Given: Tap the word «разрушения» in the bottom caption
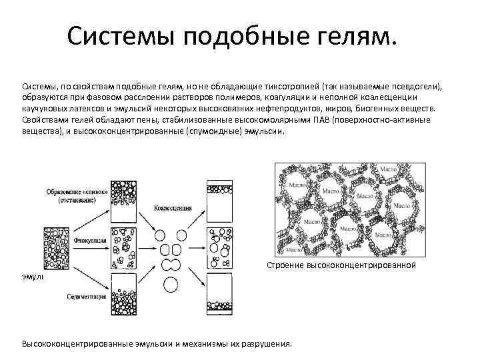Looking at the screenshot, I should pos(267,345).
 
